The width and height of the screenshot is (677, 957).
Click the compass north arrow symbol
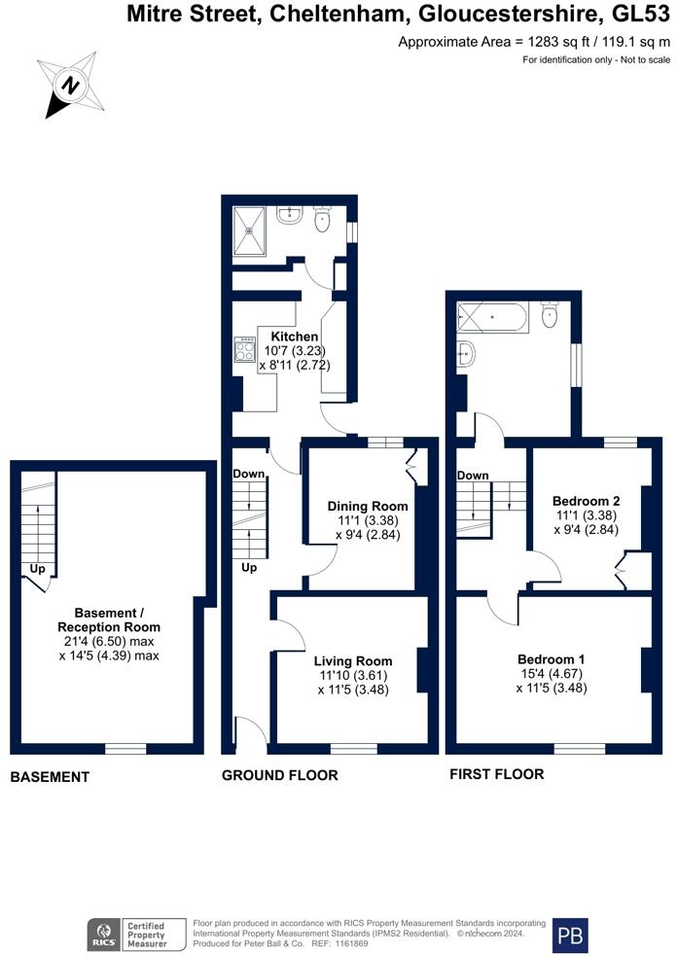click(70, 84)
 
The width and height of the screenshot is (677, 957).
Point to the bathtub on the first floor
click(493, 317)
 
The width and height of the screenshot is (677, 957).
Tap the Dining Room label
click(367, 507)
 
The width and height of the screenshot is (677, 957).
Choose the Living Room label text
click(353, 661)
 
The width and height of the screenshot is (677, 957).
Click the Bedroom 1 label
click(551, 658)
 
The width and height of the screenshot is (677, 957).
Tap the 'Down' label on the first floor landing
click(472, 476)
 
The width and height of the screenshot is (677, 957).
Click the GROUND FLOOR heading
click(280, 775)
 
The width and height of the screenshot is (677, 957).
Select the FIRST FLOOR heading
click(496, 774)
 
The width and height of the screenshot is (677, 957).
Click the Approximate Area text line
click(534, 42)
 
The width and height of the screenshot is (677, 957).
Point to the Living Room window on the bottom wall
click(351, 749)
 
